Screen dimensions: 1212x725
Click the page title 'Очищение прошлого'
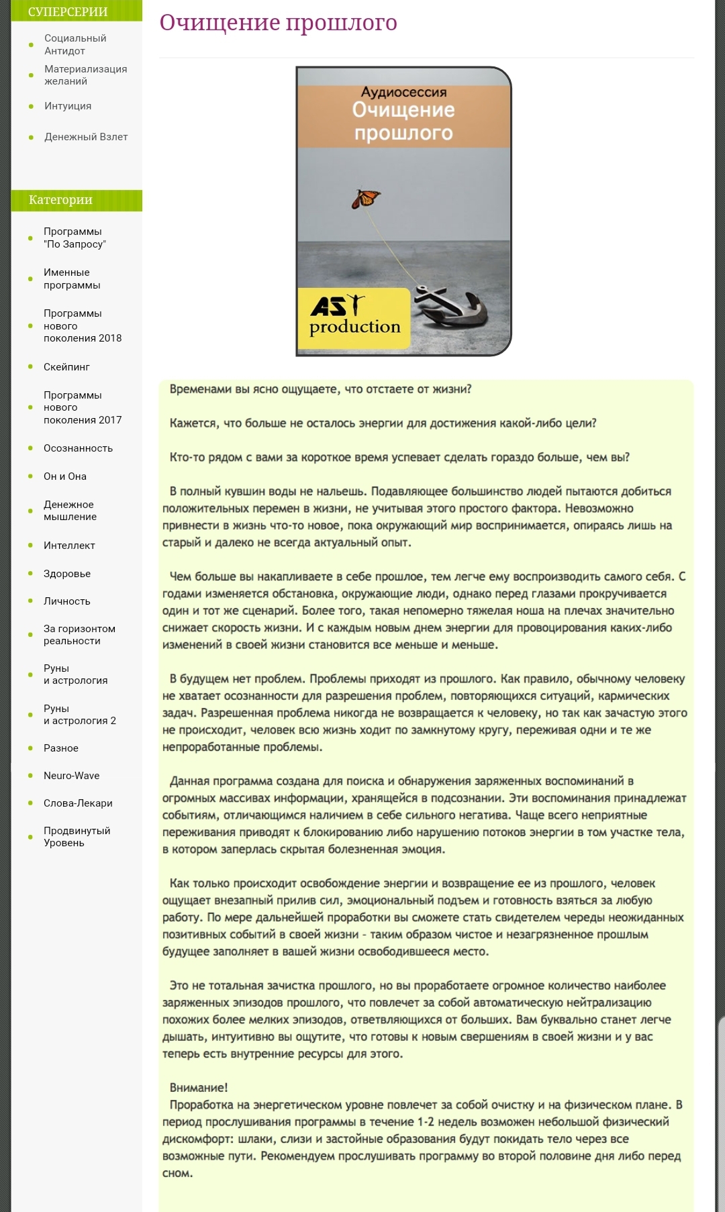278,23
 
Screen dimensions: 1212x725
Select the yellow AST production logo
354,318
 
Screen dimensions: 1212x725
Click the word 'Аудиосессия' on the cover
403,93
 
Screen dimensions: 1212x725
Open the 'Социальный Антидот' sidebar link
75,44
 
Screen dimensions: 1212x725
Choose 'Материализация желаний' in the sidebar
85,75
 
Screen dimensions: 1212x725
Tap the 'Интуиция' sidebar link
68,106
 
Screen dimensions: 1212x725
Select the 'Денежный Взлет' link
86,137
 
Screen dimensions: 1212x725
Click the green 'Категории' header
61,200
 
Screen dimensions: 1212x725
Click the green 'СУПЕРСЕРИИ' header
68,11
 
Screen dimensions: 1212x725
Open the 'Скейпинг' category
66,367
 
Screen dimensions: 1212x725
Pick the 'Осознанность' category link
78,448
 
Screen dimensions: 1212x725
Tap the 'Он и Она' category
65,476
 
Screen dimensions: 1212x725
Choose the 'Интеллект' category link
69,546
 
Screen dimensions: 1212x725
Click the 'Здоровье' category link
67,574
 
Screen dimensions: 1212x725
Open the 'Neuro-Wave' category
71,776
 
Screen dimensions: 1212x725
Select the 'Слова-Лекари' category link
78,803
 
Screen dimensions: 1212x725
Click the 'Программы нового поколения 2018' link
83,325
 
